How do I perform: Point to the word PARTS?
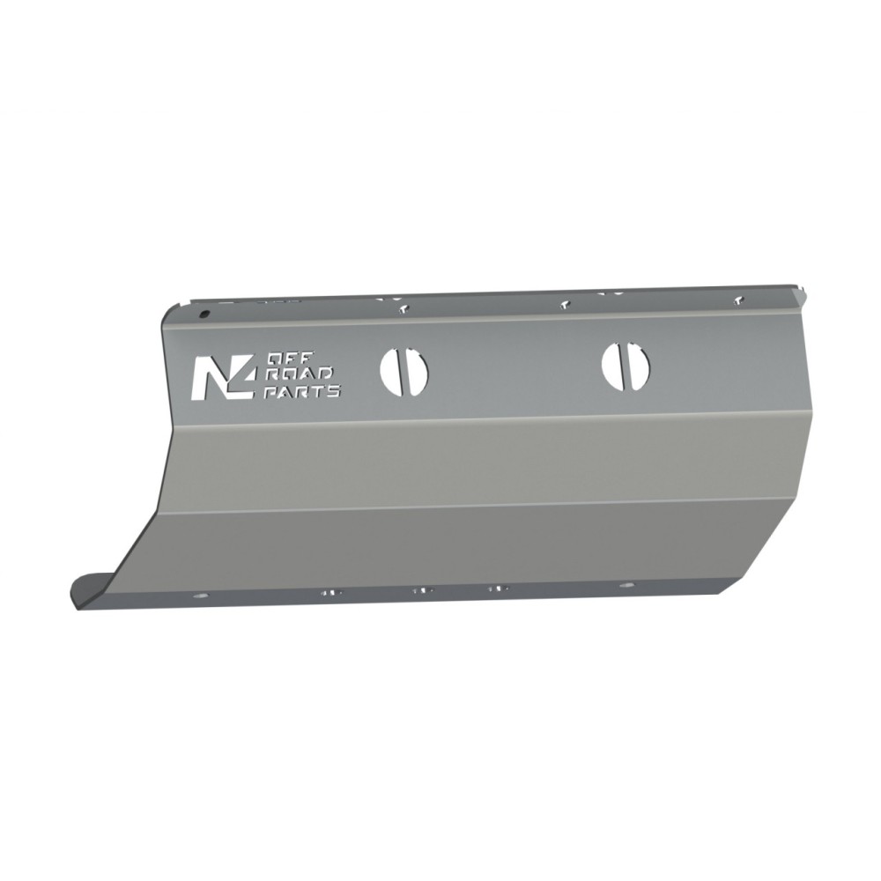[x=302, y=391]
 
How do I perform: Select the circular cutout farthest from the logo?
[x=626, y=365]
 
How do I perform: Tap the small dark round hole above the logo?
[x=205, y=315]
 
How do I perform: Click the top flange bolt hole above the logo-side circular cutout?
[x=403, y=308]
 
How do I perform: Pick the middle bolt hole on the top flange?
[x=565, y=305]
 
